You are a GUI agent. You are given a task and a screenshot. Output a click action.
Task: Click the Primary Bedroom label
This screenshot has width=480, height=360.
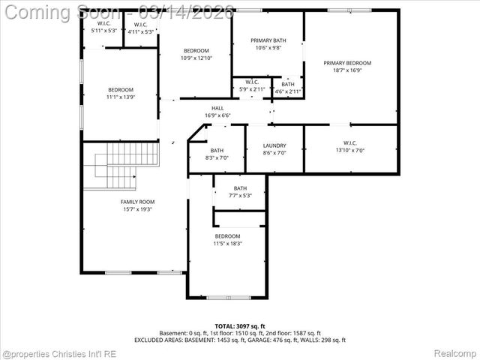pyautogui.click(x=347, y=63)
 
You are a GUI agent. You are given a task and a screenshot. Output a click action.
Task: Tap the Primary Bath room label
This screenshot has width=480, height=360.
pyautogui.click(x=268, y=39)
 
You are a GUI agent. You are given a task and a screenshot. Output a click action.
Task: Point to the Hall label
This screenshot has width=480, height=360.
pyautogui.click(x=217, y=108)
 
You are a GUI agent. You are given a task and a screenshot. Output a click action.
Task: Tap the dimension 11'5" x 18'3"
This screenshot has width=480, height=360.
pyautogui.click(x=227, y=243)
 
